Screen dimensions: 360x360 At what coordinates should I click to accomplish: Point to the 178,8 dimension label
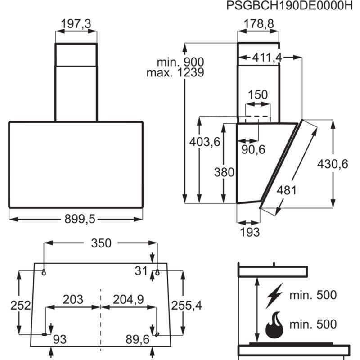[258, 24]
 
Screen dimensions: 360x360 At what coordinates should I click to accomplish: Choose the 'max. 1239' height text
[175, 72]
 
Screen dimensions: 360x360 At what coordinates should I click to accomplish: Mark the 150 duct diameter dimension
[258, 95]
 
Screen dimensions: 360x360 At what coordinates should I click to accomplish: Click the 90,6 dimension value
[253, 150]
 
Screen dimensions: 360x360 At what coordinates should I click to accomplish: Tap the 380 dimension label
[224, 172]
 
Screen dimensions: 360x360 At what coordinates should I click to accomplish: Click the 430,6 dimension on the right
[333, 164]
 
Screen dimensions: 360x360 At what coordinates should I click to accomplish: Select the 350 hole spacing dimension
[101, 243]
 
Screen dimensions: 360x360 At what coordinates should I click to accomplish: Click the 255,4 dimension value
[186, 306]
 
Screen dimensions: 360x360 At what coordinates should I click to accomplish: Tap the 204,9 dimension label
[128, 299]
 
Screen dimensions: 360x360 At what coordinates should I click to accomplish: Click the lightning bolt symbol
[274, 296]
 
